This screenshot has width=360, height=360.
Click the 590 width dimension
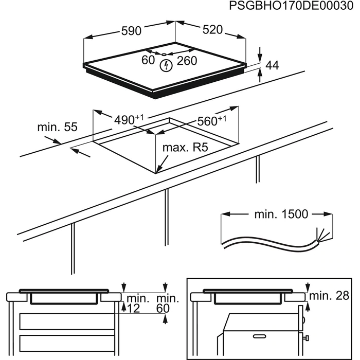point(131,31)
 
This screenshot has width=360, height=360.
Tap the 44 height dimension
point(272,65)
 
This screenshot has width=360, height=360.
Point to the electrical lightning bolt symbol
point(166,65)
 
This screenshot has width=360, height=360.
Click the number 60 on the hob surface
point(149,60)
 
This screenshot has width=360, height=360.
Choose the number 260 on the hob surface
point(187,61)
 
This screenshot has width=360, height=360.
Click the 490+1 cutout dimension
point(129,119)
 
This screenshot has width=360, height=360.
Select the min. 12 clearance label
point(137,303)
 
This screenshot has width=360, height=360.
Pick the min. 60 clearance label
point(168,303)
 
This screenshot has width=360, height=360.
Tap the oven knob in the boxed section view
point(305,337)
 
